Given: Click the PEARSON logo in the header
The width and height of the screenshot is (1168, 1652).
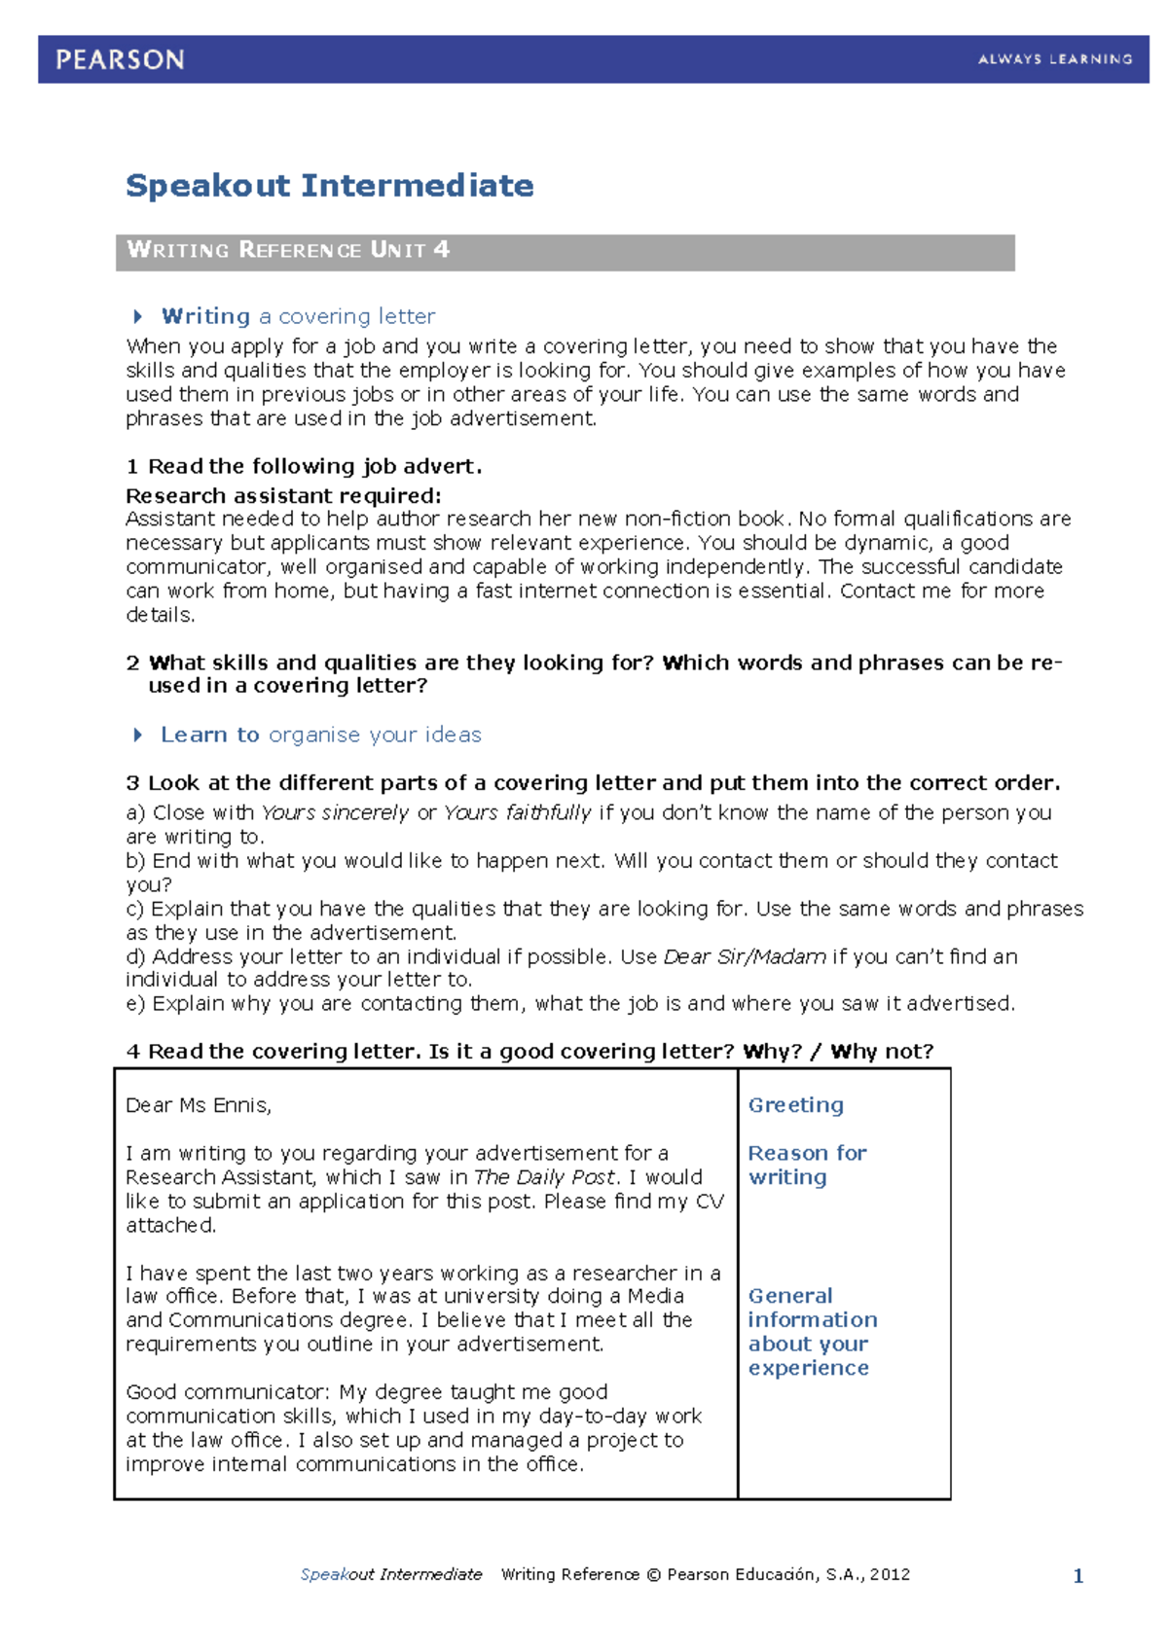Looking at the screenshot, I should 120,59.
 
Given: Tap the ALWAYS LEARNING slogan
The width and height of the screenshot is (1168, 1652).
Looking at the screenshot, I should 1055,59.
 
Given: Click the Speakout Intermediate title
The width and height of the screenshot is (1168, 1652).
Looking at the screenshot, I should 329,185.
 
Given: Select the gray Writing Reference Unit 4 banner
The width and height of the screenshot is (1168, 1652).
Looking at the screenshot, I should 565,251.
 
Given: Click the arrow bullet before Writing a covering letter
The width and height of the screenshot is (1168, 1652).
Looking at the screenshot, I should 138,316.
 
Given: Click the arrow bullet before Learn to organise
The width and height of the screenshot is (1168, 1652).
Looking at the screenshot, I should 138,735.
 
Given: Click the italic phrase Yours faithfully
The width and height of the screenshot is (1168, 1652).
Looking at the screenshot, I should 517,812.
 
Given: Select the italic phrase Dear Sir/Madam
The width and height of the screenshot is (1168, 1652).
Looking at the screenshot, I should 745,956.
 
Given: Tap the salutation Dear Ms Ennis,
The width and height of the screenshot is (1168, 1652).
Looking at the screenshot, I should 199,1105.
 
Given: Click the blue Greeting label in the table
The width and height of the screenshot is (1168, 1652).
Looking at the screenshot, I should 795,1105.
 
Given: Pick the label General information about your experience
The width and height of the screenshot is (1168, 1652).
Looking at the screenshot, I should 811,1332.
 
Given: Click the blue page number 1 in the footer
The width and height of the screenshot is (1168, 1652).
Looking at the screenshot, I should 1077,1575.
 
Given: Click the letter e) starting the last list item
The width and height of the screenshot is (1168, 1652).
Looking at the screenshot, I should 135,1004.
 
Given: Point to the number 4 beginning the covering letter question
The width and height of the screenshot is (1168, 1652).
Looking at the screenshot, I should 133,1052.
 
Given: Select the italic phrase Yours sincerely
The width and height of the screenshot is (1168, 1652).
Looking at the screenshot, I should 335,812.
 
